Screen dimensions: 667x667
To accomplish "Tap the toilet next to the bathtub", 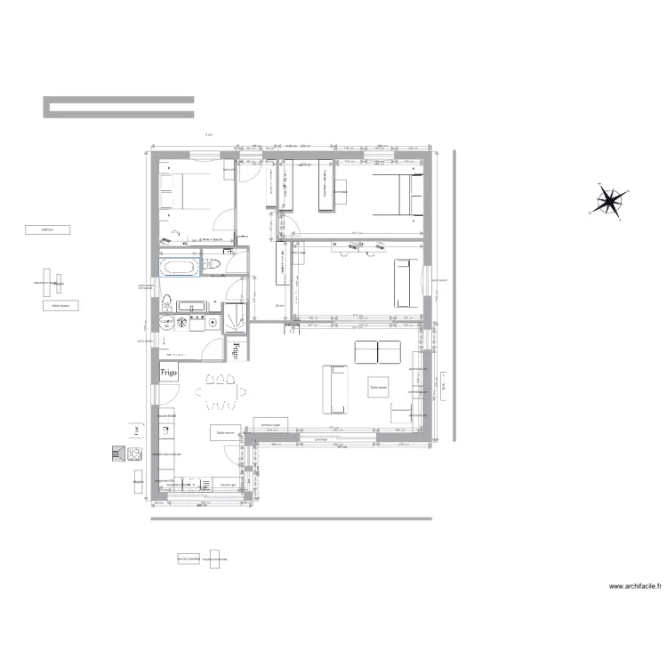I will tap(212, 264).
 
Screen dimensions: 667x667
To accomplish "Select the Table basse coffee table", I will tap(381, 387).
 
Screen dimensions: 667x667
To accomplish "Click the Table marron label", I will tap(222, 433).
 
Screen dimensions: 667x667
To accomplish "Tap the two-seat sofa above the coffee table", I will tap(378, 352).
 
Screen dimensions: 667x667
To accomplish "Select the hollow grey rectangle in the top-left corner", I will tap(119, 107).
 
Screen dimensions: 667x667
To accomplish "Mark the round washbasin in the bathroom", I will tap(167, 323).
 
